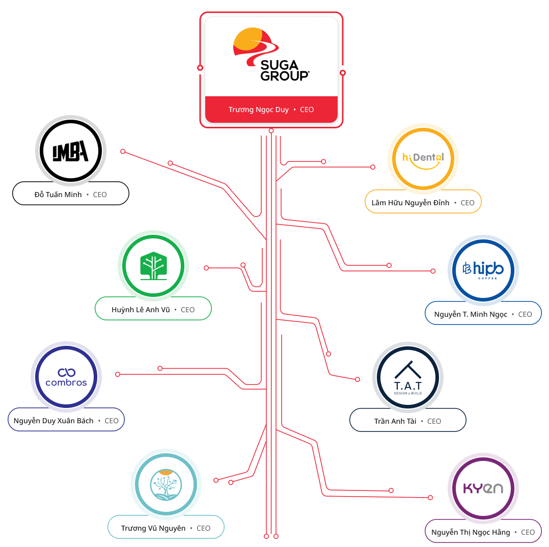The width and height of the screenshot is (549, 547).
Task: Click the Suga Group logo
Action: [271, 54]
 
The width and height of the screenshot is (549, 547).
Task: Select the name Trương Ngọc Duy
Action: [258, 110]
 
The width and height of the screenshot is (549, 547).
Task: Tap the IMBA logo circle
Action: [71, 151]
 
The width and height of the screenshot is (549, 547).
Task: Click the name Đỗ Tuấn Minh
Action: [58, 195]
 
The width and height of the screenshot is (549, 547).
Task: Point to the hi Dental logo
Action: [423, 159]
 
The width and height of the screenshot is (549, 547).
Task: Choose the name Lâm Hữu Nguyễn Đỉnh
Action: [410, 203]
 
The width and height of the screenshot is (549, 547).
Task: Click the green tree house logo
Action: [153, 266]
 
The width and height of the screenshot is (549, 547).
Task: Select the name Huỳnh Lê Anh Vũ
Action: [141, 310]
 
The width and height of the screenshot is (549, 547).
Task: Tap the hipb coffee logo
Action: [483, 270]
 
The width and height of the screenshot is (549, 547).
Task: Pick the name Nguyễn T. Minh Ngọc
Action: [471, 314]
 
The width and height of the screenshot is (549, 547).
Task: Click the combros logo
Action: [66, 377]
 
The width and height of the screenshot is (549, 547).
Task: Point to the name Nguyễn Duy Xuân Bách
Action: [53, 421]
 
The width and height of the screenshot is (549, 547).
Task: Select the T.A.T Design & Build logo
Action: [408, 377]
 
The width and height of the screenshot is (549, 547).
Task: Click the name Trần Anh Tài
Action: [395, 421]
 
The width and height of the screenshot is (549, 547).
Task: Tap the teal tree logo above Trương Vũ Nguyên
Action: [166, 484]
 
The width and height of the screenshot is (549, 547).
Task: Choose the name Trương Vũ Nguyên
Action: [153, 528]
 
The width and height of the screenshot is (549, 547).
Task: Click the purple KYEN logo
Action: [483, 488]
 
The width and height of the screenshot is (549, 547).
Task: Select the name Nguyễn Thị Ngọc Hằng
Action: [471, 532]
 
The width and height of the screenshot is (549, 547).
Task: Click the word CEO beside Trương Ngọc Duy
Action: [307, 110]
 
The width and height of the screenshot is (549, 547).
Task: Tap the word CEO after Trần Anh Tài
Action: [434, 421]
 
